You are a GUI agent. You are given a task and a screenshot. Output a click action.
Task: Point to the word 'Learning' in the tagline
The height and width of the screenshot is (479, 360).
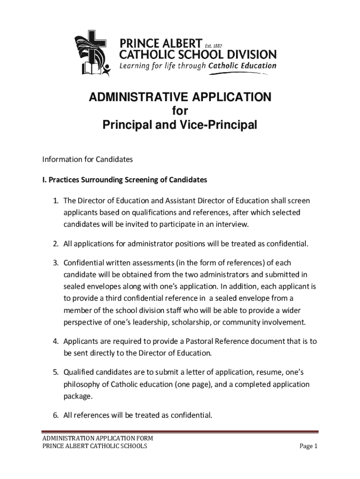click(135, 66)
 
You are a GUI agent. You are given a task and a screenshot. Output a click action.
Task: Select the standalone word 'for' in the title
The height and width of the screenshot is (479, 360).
click(180, 111)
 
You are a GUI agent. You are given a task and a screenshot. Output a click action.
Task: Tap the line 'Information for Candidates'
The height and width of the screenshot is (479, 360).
click(87, 160)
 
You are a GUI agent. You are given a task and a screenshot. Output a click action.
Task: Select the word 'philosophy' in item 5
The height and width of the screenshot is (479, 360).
click(81, 385)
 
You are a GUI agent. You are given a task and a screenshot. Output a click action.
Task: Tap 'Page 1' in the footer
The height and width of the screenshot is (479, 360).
click(308, 446)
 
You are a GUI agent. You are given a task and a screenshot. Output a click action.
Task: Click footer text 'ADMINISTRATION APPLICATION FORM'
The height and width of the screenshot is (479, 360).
click(98, 438)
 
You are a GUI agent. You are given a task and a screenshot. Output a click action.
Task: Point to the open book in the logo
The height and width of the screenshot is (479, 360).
click(89, 69)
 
